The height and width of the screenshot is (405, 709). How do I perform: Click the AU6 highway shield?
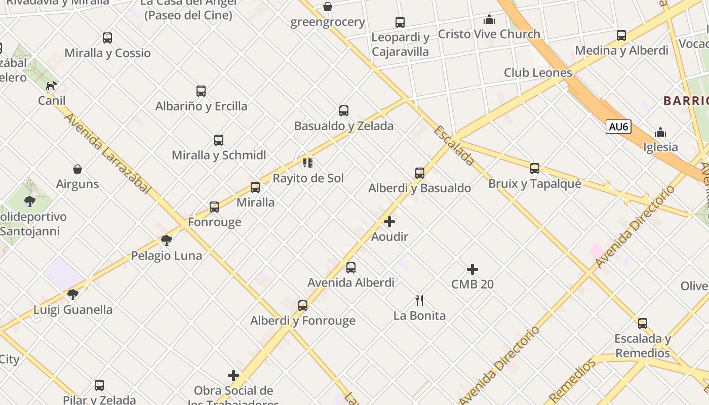(x=619, y=127)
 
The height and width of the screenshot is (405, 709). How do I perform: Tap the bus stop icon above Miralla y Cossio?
(x=107, y=38)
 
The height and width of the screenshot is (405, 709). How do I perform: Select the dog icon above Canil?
(x=51, y=86)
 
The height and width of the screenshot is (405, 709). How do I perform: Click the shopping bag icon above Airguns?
(x=77, y=169)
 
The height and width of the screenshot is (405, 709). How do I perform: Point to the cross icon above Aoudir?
(x=389, y=222)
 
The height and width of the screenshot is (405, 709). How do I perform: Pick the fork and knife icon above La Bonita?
(x=419, y=301)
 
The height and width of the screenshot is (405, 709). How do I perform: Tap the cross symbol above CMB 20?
(x=472, y=269)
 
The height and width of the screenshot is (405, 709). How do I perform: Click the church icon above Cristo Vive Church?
(x=489, y=19)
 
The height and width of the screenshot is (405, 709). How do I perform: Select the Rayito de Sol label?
(x=308, y=178)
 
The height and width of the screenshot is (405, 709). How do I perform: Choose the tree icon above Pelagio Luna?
(x=167, y=240)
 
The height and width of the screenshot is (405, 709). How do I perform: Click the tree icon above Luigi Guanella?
(x=73, y=294)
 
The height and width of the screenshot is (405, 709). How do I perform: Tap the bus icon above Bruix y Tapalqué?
(x=535, y=169)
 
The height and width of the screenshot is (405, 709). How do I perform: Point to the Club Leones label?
(x=538, y=73)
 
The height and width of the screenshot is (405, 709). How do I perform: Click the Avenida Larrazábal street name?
(x=108, y=153)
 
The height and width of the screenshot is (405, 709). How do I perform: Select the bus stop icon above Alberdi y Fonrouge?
(x=303, y=306)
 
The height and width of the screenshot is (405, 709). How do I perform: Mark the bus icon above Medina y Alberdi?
(x=621, y=35)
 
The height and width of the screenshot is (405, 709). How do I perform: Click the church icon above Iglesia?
(x=660, y=133)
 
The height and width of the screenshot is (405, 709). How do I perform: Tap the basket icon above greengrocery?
(x=328, y=7)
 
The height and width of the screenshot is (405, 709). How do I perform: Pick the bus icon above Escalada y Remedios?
(x=643, y=323)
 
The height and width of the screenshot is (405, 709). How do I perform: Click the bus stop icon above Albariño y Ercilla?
(x=201, y=91)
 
